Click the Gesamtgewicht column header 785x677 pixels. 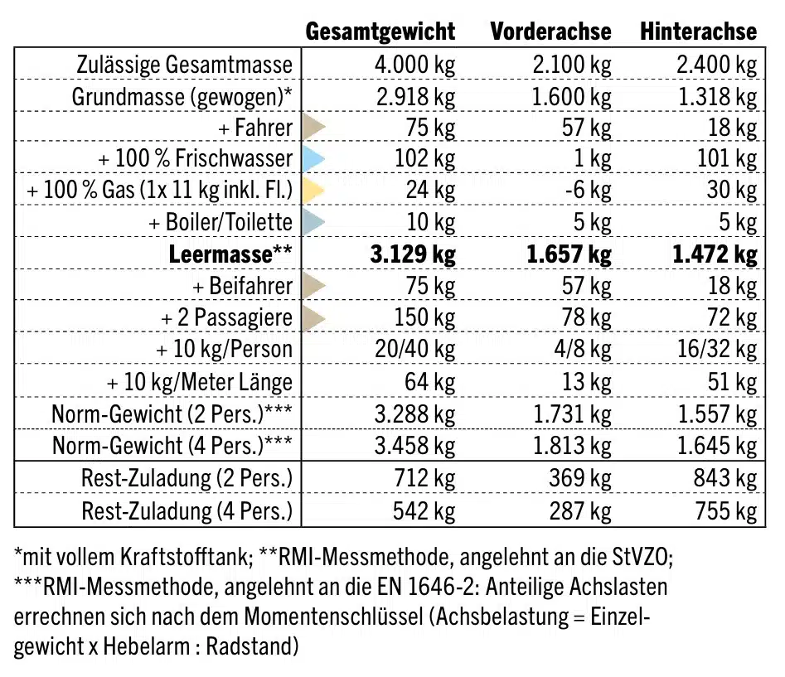click(x=380, y=31)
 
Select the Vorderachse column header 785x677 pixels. click(x=550, y=31)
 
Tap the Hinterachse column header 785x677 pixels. click(x=698, y=31)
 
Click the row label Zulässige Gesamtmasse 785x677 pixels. click(x=184, y=65)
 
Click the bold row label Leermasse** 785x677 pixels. click(x=230, y=254)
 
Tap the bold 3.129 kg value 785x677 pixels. click(x=411, y=254)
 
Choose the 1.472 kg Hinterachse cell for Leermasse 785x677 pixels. click(x=715, y=254)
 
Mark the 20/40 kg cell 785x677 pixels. click(x=415, y=349)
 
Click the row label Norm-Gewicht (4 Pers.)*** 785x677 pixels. click(x=172, y=446)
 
